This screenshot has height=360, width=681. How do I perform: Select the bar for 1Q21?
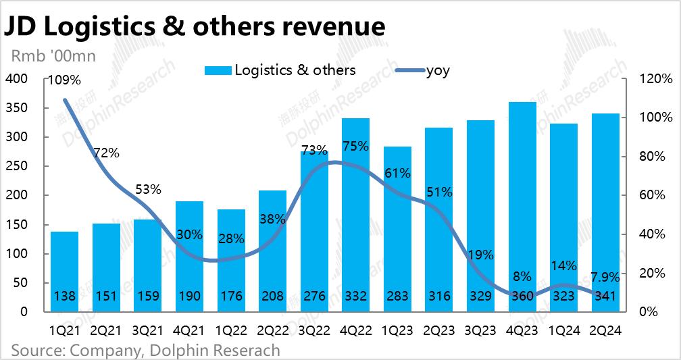[x=65, y=270]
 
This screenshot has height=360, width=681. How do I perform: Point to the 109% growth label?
[x=64, y=80]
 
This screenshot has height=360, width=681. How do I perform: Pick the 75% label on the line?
[x=355, y=146]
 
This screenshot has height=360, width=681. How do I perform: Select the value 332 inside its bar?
[x=355, y=296]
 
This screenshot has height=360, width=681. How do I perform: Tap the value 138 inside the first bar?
[x=65, y=296]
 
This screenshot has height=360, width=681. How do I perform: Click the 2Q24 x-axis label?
[x=605, y=331]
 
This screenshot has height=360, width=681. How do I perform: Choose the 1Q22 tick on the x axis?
[x=231, y=331]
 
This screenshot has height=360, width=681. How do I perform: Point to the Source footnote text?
[x=145, y=351]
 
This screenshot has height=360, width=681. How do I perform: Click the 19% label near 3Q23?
[x=480, y=255]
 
